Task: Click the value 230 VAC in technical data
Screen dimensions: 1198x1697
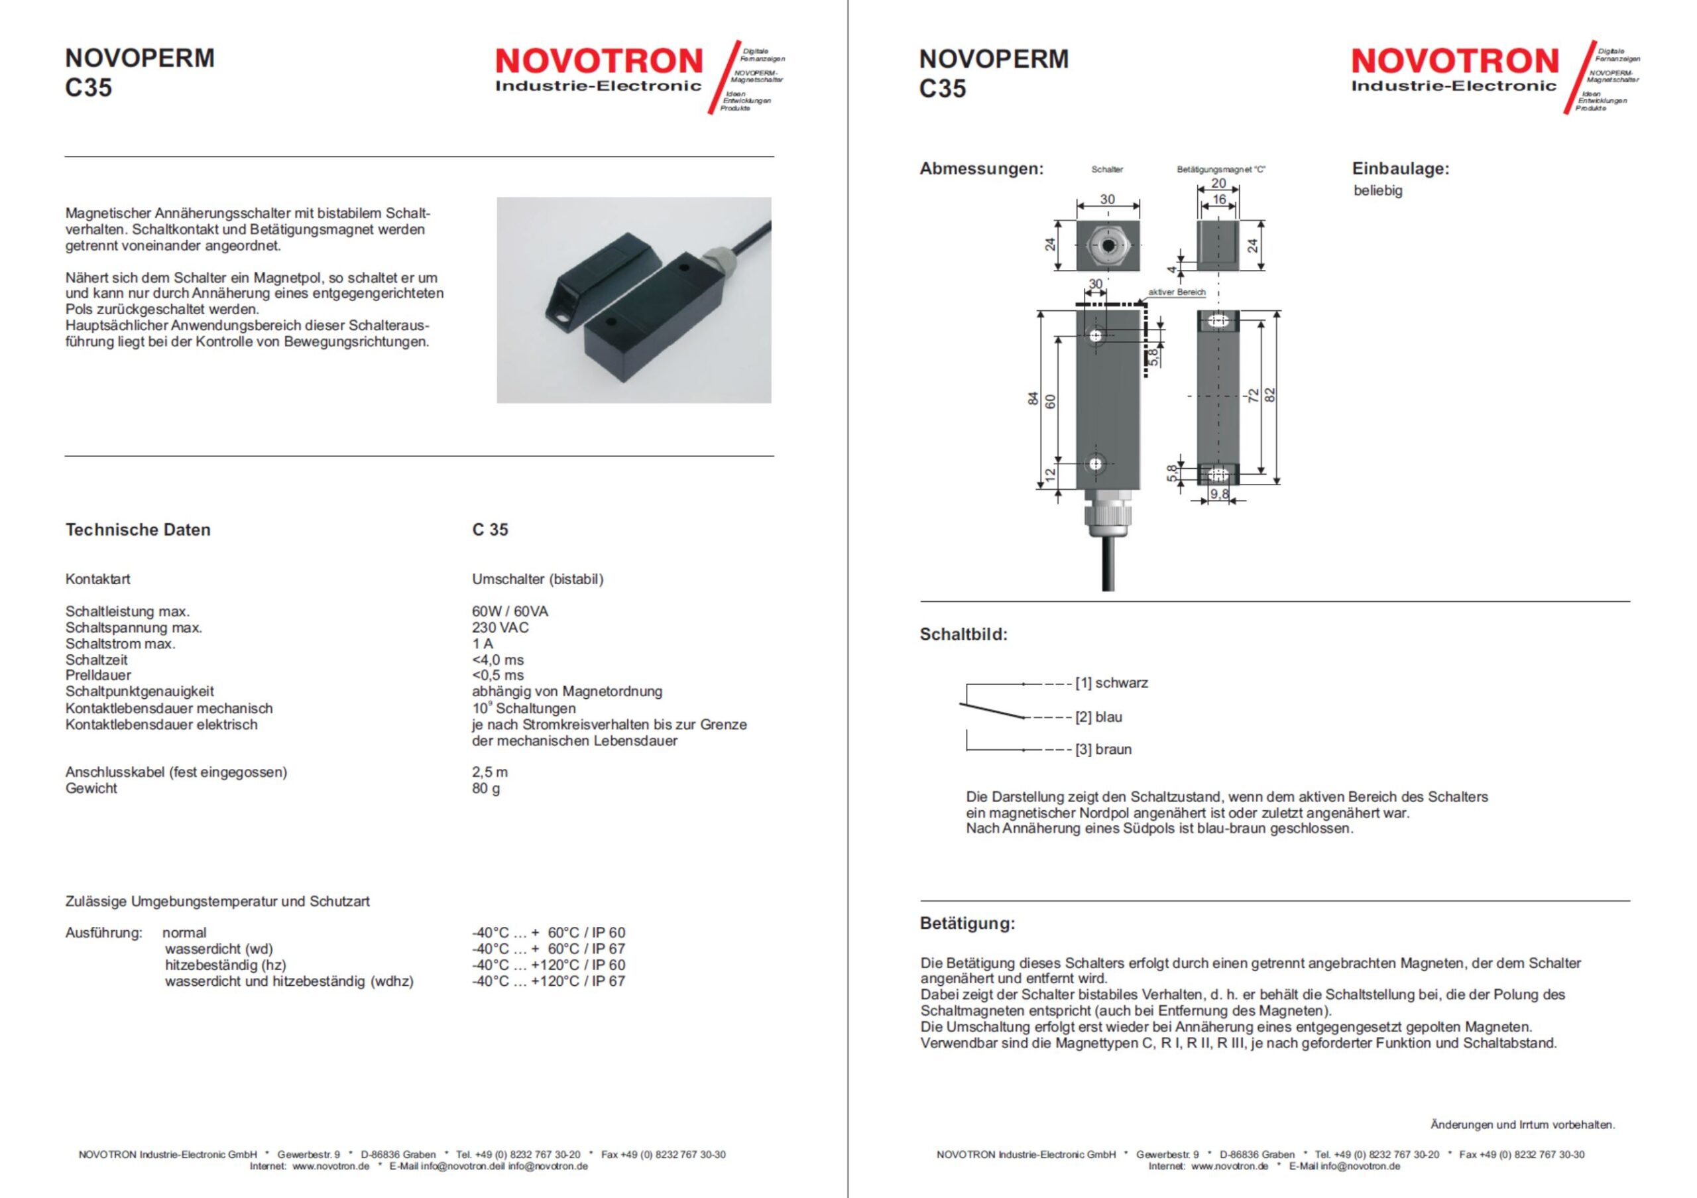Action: coord(500,627)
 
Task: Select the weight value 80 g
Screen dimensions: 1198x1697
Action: coord(486,788)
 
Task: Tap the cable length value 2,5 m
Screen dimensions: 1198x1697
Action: coord(489,772)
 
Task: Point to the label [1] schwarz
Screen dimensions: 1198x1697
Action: coord(1112,684)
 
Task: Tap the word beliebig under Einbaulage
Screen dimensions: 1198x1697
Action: coord(1377,191)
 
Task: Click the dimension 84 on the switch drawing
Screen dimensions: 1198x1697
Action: coord(1033,399)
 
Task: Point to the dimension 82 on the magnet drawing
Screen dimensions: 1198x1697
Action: coord(1271,395)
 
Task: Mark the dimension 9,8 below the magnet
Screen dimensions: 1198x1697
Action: coord(1219,495)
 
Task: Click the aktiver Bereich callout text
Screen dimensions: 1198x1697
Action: coord(1177,292)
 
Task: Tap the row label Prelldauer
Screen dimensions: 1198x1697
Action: coord(98,676)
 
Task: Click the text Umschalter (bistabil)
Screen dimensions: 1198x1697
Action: coord(538,579)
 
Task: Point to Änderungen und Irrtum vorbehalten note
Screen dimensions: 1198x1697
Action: coord(1523,1125)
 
